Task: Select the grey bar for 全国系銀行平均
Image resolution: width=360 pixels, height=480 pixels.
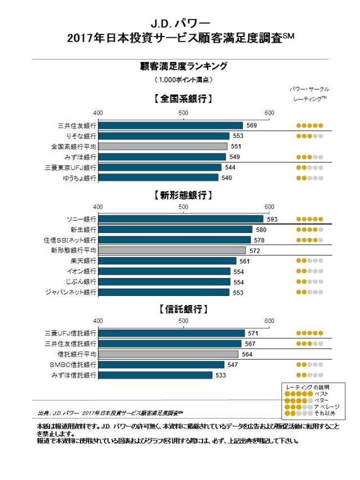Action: pos(163,146)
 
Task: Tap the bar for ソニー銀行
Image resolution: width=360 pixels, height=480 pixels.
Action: pos(181,219)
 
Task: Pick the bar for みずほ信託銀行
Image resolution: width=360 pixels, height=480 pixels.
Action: pos(155,375)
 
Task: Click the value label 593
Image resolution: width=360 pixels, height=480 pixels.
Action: pos(272,219)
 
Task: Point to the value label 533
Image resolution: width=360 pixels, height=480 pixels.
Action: pos(222,375)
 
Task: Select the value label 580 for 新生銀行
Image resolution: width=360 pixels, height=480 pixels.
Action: pos(261,230)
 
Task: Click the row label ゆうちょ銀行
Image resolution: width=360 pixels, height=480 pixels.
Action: pos(79,178)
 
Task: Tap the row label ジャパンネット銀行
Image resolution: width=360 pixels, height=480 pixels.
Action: pos(71,293)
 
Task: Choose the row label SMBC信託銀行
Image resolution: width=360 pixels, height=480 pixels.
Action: pos(73,365)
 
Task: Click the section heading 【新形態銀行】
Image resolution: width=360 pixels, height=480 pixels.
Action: pos(183,195)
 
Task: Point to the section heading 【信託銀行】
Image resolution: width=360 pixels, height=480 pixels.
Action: pos(183,309)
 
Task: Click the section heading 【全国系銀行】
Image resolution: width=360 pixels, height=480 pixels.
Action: pos(183,99)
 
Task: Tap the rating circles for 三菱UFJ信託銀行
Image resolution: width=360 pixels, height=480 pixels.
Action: pos(309,333)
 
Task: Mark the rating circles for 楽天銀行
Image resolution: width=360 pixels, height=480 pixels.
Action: pos(309,261)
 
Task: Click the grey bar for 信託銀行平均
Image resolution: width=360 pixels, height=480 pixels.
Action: pos(168,355)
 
